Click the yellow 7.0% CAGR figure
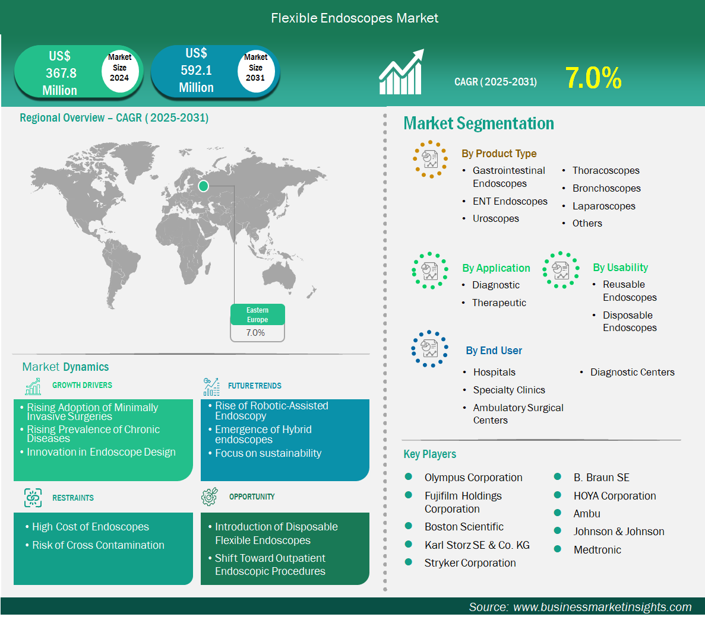point(593,78)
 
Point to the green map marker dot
point(203,186)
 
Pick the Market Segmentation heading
point(478,123)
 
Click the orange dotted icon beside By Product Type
point(430,160)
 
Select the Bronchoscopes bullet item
point(606,189)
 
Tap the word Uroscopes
point(495,219)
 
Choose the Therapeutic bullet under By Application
point(499,303)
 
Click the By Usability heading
point(621,268)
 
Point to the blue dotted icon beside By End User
point(430,349)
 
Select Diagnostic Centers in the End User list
point(632,372)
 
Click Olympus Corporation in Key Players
point(473,478)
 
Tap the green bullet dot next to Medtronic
point(558,549)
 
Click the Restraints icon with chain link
point(33,498)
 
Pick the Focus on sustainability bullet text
point(268,453)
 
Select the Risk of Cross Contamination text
point(98,545)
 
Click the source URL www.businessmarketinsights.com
point(602,607)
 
